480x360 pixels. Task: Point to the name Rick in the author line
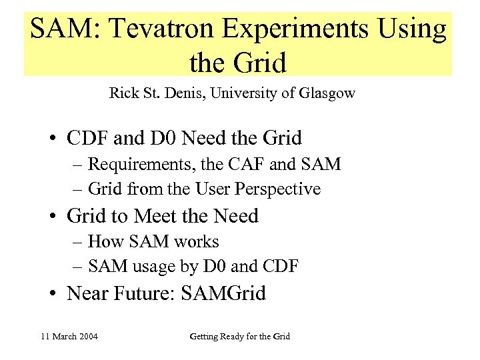pyautogui.click(x=123, y=93)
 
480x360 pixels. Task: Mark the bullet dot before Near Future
pyautogui.click(x=53, y=294)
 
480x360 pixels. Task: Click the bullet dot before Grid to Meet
pyautogui.click(x=53, y=217)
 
